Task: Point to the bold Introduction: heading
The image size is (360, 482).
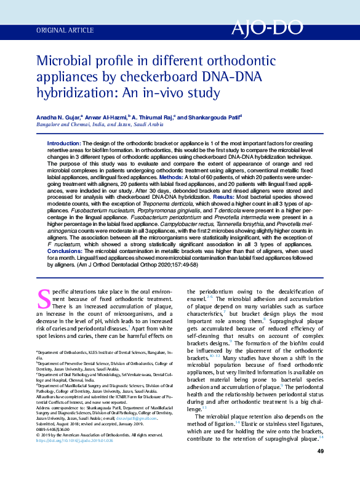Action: point(64,143)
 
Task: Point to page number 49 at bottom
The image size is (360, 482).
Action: point(320,469)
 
